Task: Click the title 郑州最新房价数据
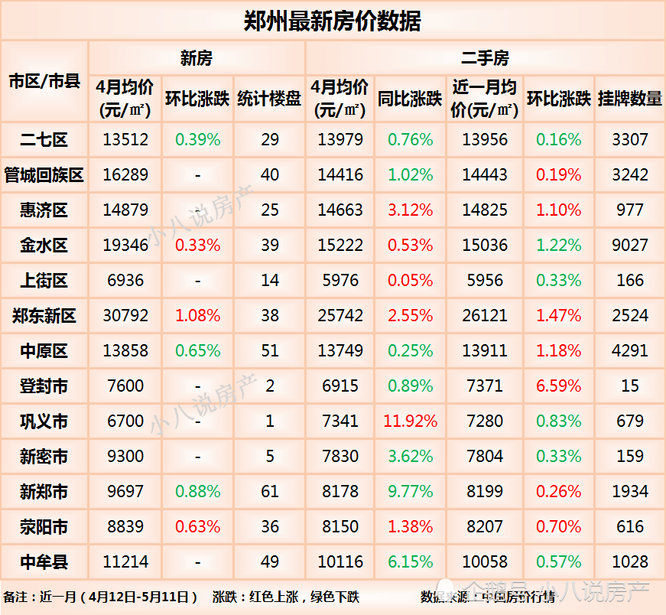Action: pyautogui.click(x=332, y=21)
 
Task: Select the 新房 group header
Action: pyautogui.click(x=197, y=58)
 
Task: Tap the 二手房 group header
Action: pyautogui.click(x=485, y=58)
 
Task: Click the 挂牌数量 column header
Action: pyautogui.click(x=630, y=99)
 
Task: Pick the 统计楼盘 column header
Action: pyautogui.click(x=269, y=99)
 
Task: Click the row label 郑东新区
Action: pyautogui.click(x=44, y=316)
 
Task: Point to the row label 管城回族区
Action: pyautogui.click(x=44, y=175)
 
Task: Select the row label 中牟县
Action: pyautogui.click(x=44, y=562)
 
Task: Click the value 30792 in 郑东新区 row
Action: pyautogui.click(x=125, y=316)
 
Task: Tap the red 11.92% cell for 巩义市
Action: pyautogui.click(x=411, y=421)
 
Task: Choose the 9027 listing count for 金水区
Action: pyautogui.click(x=630, y=246)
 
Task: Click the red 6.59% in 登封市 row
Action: pyautogui.click(x=559, y=386)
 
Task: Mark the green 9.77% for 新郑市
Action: pyautogui.click(x=411, y=492)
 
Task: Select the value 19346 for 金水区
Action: pyautogui.click(x=125, y=246)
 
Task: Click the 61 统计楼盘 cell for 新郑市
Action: pyautogui.click(x=269, y=492)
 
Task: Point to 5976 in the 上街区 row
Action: pyautogui.click(x=340, y=281)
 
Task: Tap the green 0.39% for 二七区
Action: pyautogui.click(x=197, y=140)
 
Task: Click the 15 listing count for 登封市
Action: pyautogui.click(x=630, y=386)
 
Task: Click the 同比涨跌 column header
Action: pyautogui.click(x=411, y=99)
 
